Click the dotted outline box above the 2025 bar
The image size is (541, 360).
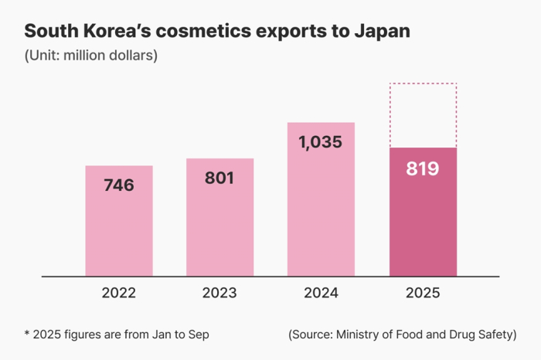coord(423,114)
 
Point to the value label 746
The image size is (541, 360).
coord(118,185)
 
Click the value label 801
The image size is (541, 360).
coord(219,178)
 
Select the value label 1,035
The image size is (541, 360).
coord(321,142)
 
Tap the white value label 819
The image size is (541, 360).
coord(423,168)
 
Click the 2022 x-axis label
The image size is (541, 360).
coord(118,294)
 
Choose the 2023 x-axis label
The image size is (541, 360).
coord(219,294)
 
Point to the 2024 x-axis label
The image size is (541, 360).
coord(321,294)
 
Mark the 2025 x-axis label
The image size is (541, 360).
coord(423,294)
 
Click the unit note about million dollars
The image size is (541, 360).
coord(91,56)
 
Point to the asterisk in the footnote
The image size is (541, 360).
coord(27,334)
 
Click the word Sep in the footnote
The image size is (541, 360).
coord(198,335)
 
